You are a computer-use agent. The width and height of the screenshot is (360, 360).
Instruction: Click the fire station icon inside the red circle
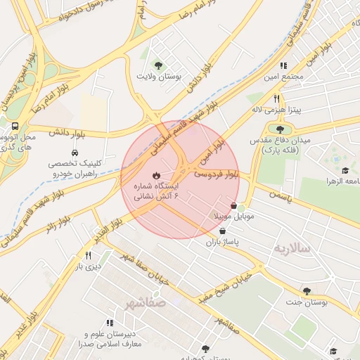[x=155, y=175]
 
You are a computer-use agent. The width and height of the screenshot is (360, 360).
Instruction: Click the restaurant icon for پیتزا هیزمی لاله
[x=277, y=99]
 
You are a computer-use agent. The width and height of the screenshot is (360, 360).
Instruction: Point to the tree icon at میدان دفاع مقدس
[x=281, y=129]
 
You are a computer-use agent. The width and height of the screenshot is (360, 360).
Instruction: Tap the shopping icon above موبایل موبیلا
[x=233, y=206]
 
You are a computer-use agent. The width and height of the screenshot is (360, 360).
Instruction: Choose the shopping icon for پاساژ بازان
[x=222, y=231]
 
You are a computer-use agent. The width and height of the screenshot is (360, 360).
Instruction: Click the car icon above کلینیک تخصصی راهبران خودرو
[x=75, y=153]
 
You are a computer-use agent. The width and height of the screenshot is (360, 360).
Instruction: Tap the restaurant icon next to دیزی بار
[x=88, y=256]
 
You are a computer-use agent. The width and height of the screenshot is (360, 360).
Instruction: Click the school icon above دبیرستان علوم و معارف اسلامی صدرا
[x=109, y=322]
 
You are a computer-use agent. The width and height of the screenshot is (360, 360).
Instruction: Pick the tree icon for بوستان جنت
[x=307, y=290]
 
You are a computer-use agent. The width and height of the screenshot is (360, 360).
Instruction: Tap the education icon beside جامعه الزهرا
[x=345, y=171]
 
